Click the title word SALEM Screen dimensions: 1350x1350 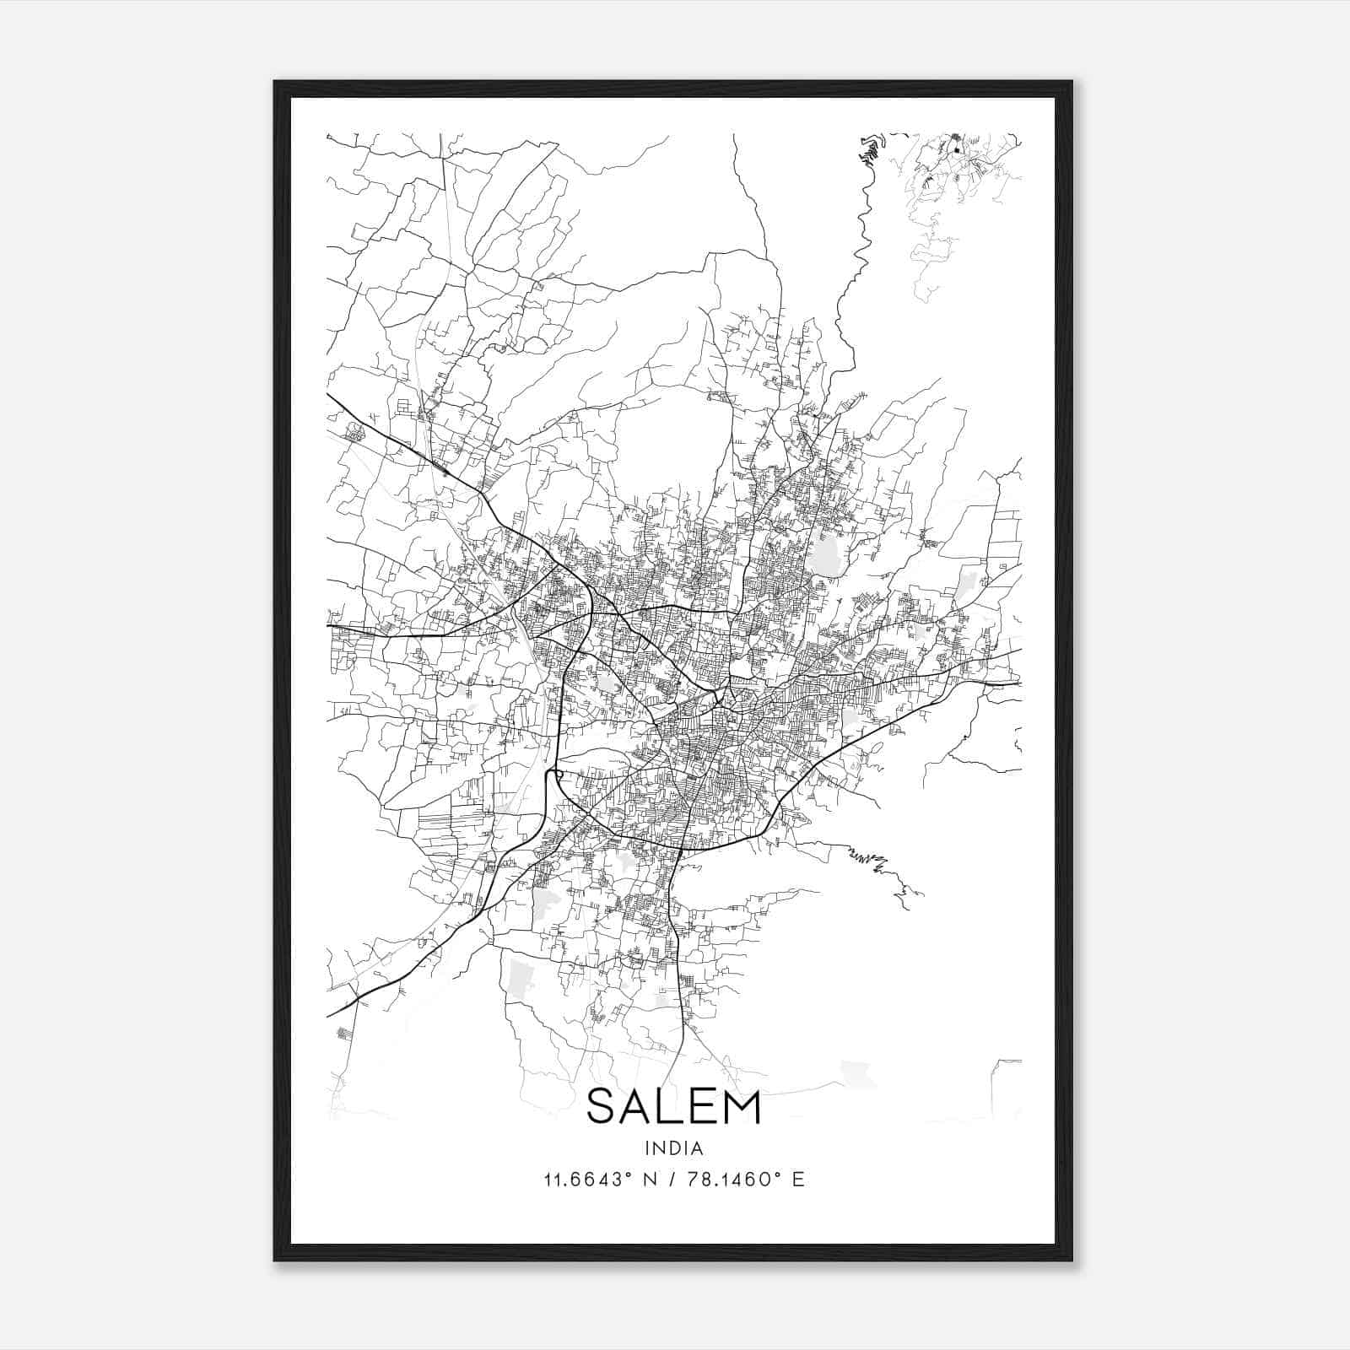[673, 1107]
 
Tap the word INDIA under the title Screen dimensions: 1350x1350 [673, 1148]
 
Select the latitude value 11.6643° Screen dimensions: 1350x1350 [588, 1180]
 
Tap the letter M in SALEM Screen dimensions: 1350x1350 [742, 1107]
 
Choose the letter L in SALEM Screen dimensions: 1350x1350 [670, 1107]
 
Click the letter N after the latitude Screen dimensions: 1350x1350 [649, 1180]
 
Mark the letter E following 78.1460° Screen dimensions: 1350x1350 [797, 1180]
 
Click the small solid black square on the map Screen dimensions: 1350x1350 [957, 151]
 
